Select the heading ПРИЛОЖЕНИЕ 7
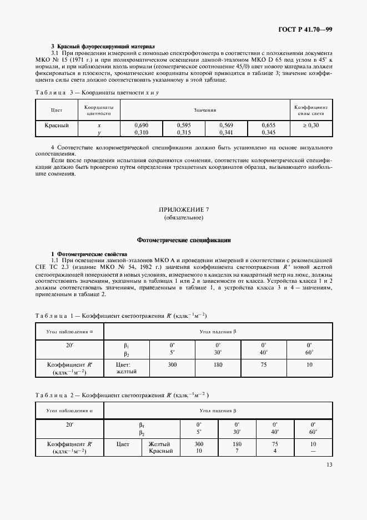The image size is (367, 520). click(x=183, y=211)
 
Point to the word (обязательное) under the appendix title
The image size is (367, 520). click(x=183, y=218)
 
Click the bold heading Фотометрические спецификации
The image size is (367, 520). click(x=183, y=241)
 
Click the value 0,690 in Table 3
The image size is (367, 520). click(x=141, y=126)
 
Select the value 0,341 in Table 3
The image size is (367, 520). click(x=226, y=133)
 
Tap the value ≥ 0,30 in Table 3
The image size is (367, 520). click(x=311, y=126)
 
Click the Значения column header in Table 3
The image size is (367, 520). click(x=205, y=110)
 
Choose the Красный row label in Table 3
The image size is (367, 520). click(x=57, y=126)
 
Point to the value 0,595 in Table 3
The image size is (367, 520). click(x=184, y=126)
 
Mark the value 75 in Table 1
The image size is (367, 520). click(x=264, y=365)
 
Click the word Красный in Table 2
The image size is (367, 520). click(x=161, y=451)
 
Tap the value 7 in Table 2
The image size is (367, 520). click(x=237, y=451)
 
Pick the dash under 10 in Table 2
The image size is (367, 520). click(x=313, y=451)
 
